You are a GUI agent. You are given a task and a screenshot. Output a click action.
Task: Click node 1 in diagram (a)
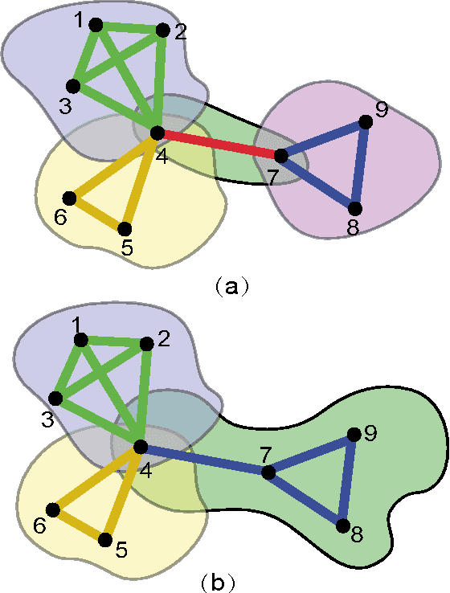tap(96, 25)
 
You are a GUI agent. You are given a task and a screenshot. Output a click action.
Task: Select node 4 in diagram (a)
tap(157, 133)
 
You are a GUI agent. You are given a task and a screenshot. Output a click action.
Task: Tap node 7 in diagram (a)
tap(281, 155)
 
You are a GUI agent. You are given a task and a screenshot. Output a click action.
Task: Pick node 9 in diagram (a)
tap(366, 122)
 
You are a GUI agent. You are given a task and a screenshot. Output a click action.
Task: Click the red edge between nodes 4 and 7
tap(219, 144)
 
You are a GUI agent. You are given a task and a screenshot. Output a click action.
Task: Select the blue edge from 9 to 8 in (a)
tap(360, 165)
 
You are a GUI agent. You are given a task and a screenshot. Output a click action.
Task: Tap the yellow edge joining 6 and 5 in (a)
tap(96, 213)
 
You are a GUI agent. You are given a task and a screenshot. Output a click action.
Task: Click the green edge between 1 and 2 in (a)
tap(129, 28)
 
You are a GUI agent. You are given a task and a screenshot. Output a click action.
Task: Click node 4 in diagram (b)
tap(140, 447)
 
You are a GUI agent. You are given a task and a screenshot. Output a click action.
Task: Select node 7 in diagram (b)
tap(268, 472)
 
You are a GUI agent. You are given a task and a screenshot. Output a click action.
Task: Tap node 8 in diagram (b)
tap(342, 526)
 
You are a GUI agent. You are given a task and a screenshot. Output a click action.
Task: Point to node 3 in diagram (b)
tap(56, 399)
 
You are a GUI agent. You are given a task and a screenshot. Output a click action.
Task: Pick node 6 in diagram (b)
tap(53, 509)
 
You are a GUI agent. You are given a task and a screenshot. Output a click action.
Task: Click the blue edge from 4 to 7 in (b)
tap(204, 460)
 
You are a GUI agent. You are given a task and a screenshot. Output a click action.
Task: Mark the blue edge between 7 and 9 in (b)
tap(310, 454)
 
